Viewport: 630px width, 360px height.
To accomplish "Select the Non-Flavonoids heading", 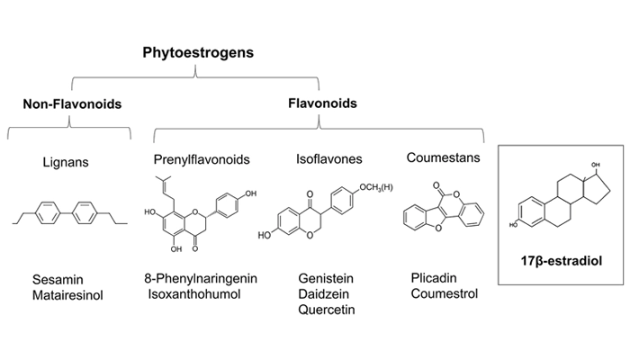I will [x=72, y=104].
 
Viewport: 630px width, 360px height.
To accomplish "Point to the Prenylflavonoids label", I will [x=202, y=159].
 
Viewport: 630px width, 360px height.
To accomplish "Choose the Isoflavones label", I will [x=328, y=159].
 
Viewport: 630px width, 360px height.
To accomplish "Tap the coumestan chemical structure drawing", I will [x=443, y=216].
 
